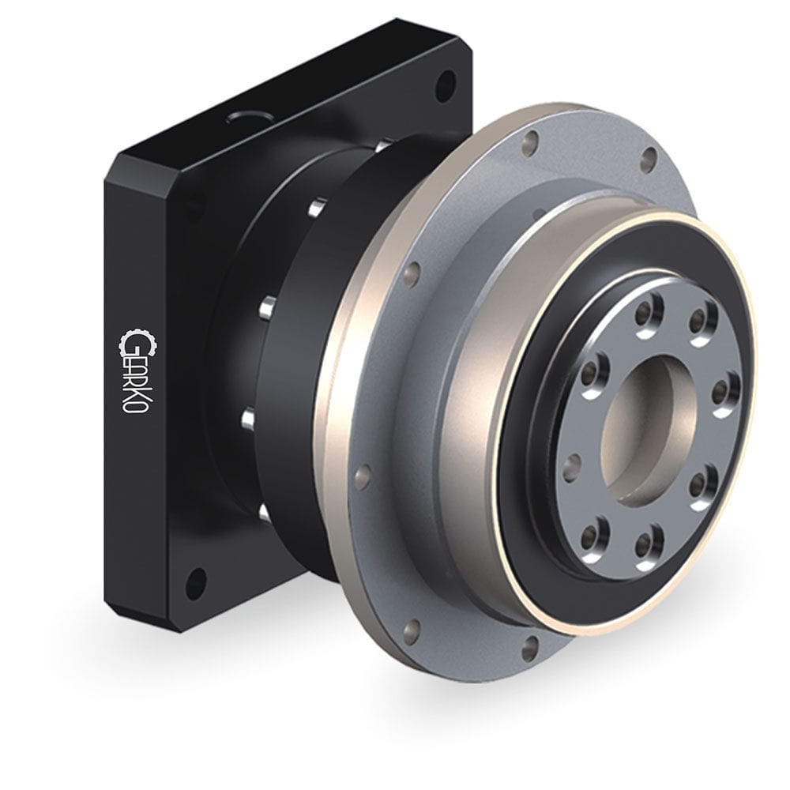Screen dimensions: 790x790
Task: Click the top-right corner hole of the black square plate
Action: (446, 81)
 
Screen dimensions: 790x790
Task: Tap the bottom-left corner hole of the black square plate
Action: (194, 583)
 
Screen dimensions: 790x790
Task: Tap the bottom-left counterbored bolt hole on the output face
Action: (592, 536)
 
